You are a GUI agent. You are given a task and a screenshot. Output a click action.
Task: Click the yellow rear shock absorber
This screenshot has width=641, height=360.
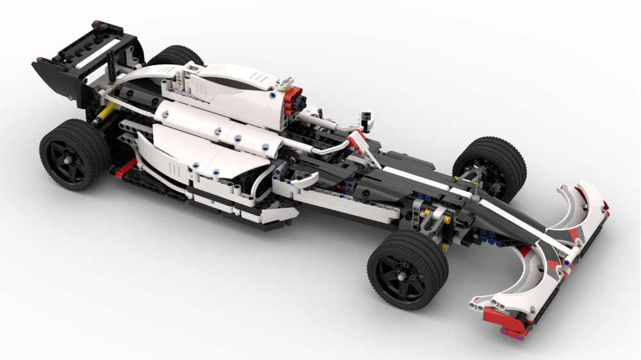(103, 119)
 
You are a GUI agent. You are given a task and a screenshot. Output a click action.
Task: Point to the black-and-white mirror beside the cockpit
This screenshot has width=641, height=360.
(366, 119)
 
